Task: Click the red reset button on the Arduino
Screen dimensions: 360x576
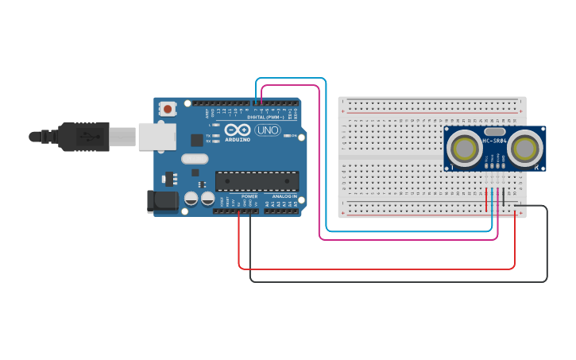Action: [x=168, y=108]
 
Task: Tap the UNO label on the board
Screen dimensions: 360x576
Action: [x=267, y=130]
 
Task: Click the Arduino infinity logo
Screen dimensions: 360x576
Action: [x=238, y=130]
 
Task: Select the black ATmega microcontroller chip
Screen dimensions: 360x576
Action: [x=257, y=181]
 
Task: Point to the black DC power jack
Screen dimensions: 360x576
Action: [x=163, y=200]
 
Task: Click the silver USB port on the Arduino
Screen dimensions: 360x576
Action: [x=157, y=136]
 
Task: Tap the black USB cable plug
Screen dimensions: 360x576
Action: [x=83, y=136]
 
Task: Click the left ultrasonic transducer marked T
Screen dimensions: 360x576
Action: [x=463, y=148]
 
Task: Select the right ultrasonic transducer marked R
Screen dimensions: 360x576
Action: [x=525, y=148]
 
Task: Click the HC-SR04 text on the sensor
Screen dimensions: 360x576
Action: [x=493, y=141]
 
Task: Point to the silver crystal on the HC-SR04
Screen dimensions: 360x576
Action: [x=494, y=131]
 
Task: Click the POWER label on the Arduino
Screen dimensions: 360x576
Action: [x=249, y=195]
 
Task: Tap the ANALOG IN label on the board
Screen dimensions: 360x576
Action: [x=284, y=195]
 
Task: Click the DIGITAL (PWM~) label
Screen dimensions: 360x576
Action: [x=264, y=117]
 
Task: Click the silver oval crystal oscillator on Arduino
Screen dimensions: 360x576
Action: [x=195, y=159]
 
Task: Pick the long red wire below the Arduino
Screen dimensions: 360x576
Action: [x=373, y=269]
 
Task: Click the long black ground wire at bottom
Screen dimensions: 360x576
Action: [x=397, y=281]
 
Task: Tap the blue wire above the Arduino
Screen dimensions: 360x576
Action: [x=290, y=79]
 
